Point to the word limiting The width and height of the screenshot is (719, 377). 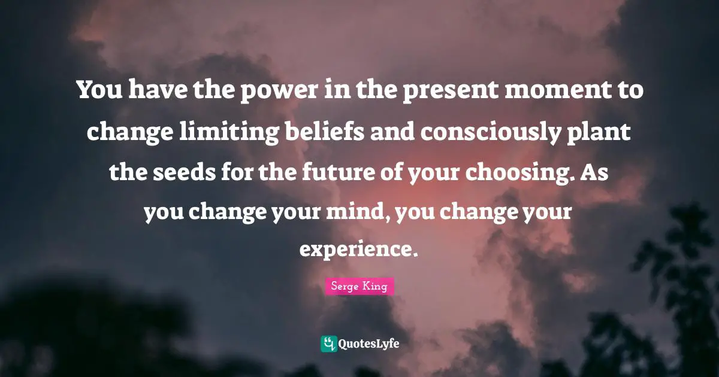[x=227, y=130]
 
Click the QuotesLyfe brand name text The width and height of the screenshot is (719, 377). [x=369, y=344]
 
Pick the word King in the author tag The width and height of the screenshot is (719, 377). [x=375, y=287]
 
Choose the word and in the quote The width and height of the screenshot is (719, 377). [x=390, y=130]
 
